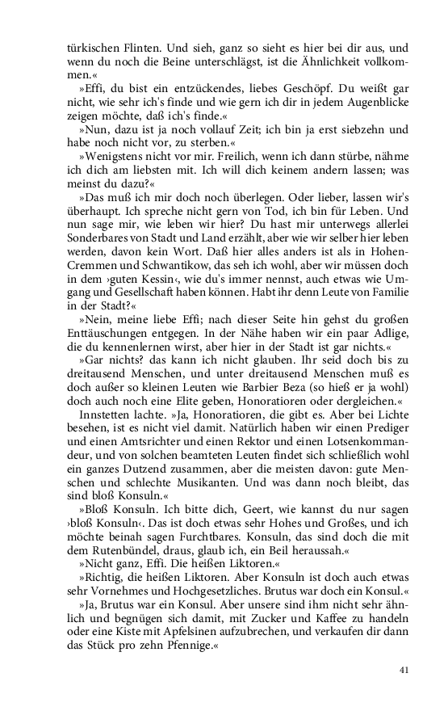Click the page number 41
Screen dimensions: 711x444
tap(404, 670)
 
